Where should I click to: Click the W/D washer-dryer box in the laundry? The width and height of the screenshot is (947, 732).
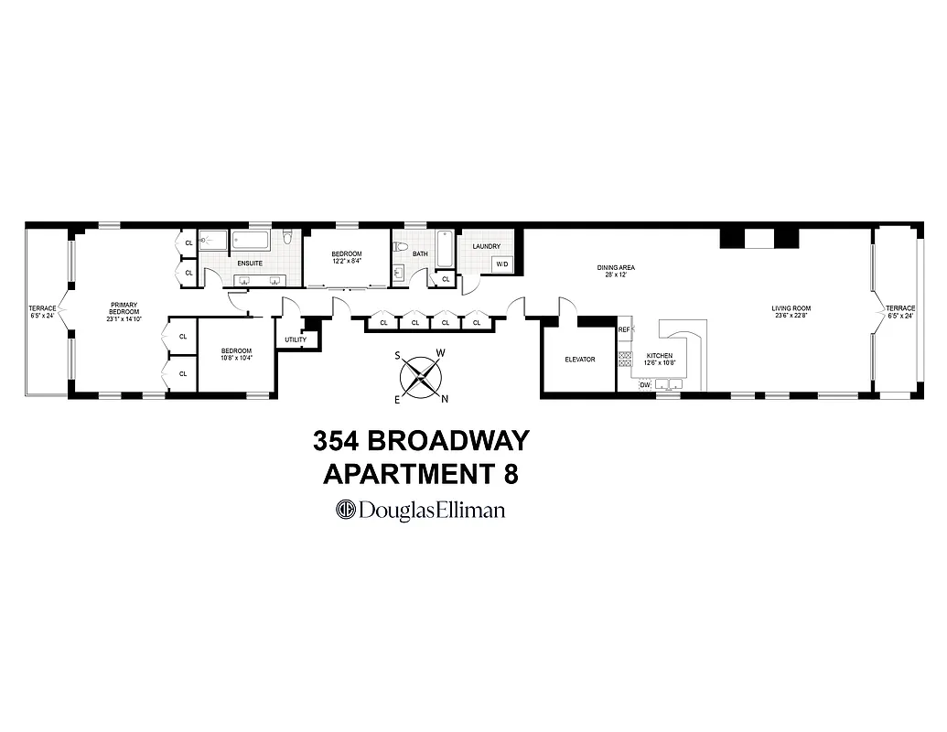click(x=502, y=264)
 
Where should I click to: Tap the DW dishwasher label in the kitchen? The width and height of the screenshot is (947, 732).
click(x=645, y=385)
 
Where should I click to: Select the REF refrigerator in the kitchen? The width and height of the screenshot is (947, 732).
click(x=625, y=329)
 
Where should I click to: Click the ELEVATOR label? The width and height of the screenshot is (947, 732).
click(x=579, y=360)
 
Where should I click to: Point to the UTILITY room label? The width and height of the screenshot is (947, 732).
click(x=296, y=339)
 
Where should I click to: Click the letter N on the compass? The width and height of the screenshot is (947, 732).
click(x=445, y=398)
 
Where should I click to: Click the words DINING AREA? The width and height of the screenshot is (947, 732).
click(x=616, y=267)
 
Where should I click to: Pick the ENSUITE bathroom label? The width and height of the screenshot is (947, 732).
click(x=250, y=264)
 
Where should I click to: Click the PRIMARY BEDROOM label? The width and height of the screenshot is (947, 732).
click(x=124, y=309)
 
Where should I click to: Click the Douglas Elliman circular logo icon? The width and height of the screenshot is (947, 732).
click(x=347, y=510)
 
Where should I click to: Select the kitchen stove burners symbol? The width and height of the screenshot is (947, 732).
click(x=626, y=360)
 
